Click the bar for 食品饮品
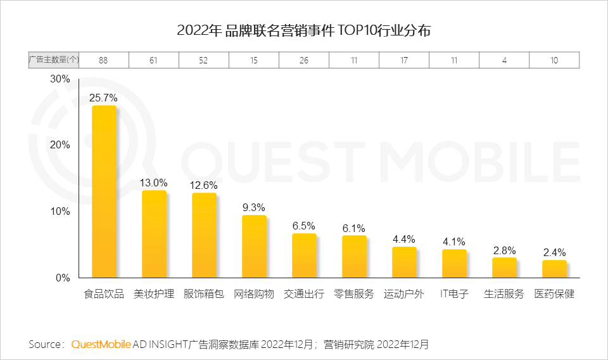tap(104, 191)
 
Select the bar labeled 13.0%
tap(154, 234)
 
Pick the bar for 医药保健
tap(554, 269)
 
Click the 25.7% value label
tap(103, 98)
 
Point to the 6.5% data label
tap(304, 226)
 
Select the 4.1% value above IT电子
tap(454, 241)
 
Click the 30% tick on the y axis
tap(60, 79)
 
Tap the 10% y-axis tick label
tap(60, 211)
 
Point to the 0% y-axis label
tap(62, 278)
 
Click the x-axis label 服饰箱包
tap(203, 294)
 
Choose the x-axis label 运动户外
tap(403, 294)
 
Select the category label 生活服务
tap(504, 294)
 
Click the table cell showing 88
tap(104, 60)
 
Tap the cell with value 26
tap(304, 60)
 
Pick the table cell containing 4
tap(504, 60)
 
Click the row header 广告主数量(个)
tap(54, 60)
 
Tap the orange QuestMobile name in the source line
tap(101, 344)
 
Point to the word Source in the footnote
tap(46, 344)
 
